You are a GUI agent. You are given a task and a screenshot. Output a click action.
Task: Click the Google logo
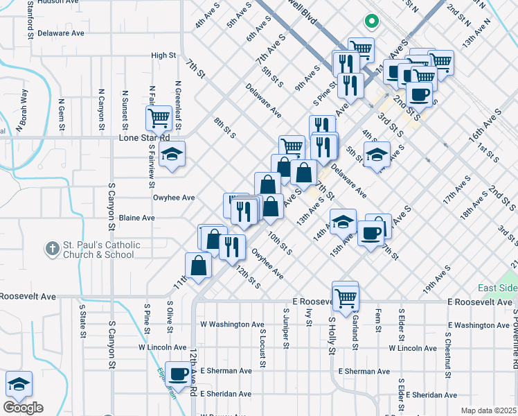point(23,408)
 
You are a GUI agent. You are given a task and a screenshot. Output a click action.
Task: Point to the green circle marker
point(372,20)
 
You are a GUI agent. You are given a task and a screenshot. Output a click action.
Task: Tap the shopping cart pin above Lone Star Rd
point(159,119)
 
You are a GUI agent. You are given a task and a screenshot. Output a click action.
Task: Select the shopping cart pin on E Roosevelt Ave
point(345,297)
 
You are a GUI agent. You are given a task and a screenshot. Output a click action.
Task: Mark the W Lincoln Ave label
point(163,347)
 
